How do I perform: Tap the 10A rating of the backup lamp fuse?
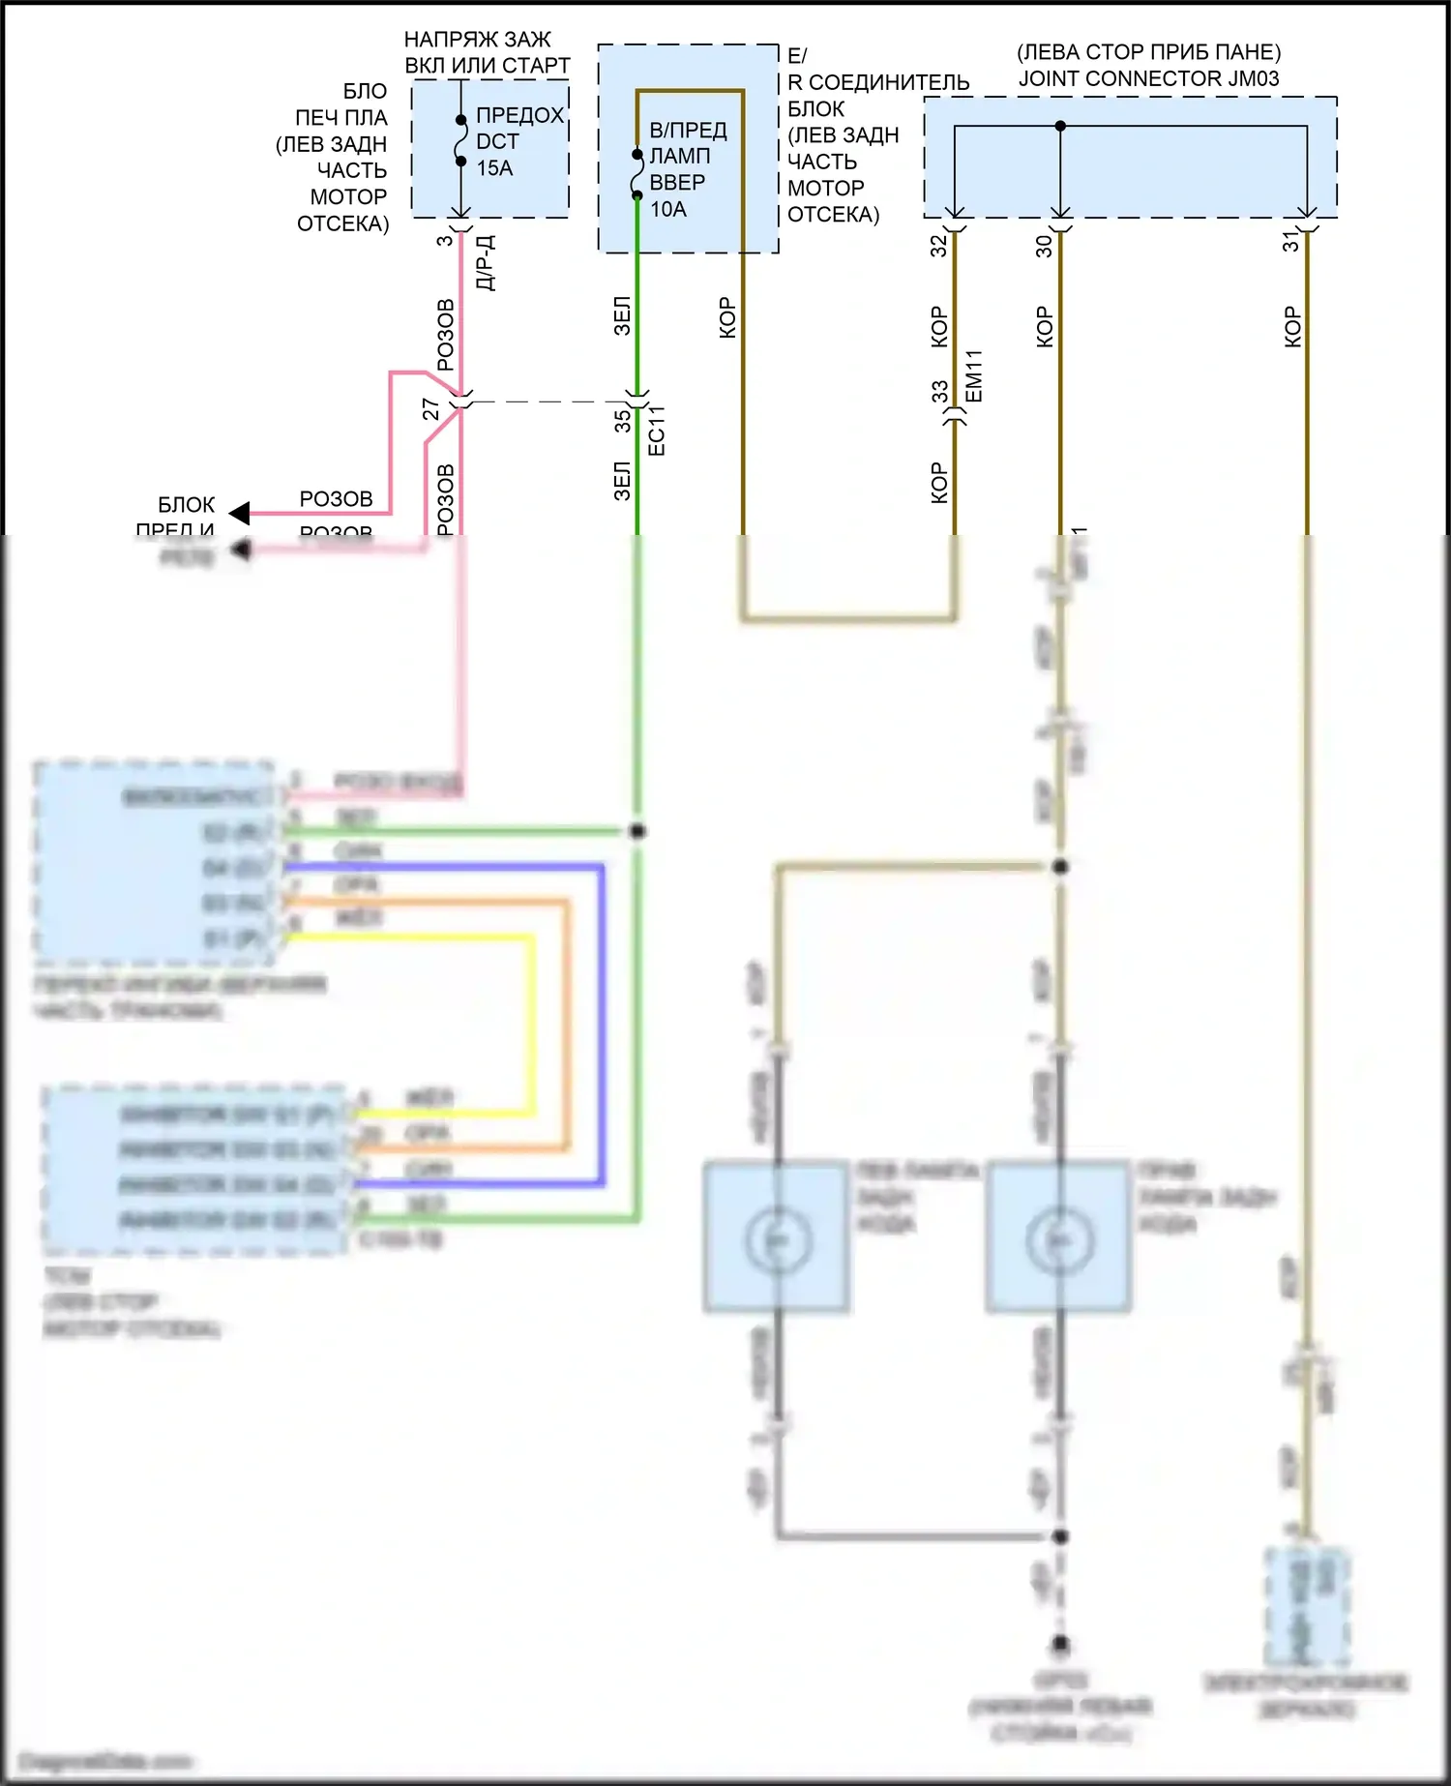(x=668, y=209)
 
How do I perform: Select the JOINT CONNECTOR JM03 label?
(x=1148, y=78)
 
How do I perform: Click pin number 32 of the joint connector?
(x=938, y=246)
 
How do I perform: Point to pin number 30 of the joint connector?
(x=1044, y=246)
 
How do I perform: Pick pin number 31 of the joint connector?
(x=1291, y=242)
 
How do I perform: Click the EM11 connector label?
(x=974, y=376)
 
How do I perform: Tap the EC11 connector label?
(x=657, y=431)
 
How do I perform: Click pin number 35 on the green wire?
(x=622, y=421)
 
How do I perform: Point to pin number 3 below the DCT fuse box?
(x=444, y=240)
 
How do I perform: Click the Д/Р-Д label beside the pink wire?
(x=486, y=262)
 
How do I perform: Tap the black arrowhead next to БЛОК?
(x=239, y=513)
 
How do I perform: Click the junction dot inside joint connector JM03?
(x=1060, y=126)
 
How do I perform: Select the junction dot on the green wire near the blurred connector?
(x=637, y=831)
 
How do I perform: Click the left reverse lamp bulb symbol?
(x=777, y=1239)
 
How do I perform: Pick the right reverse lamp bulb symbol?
(x=1060, y=1239)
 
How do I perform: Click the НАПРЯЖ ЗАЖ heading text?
(x=477, y=40)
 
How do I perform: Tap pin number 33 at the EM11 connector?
(x=939, y=392)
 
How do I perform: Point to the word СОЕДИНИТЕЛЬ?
(x=888, y=82)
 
